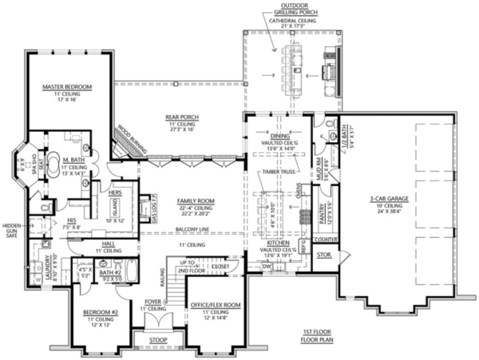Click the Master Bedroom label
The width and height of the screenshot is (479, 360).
point(67,87)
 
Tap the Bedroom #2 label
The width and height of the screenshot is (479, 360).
point(101,313)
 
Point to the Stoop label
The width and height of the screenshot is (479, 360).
point(158,340)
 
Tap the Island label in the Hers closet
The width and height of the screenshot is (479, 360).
point(115,205)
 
